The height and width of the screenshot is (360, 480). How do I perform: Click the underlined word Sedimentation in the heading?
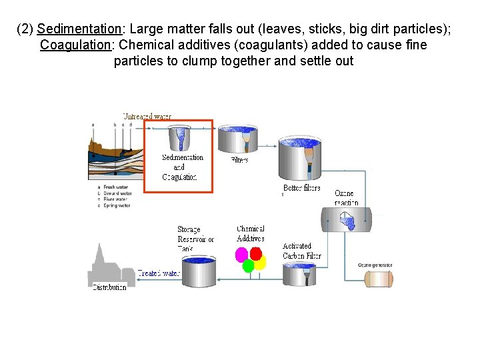pyautogui.click(x=79, y=29)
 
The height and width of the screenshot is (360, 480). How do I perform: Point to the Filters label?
pyautogui.click(x=239, y=160)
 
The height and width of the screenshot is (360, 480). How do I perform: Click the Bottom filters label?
pyautogui.click(x=301, y=188)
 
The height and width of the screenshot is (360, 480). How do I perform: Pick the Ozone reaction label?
pyautogui.click(x=346, y=198)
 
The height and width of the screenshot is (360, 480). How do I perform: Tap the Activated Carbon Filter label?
pyautogui.click(x=301, y=251)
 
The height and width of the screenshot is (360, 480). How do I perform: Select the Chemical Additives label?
pyautogui.click(x=251, y=234)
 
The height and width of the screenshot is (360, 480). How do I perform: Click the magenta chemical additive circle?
pyautogui.click(x=242, y=255)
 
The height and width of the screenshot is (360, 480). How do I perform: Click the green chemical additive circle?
pyautogui.click(x=249, y=266)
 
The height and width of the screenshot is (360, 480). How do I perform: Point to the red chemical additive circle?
pyautogui.click(x=255, y=254)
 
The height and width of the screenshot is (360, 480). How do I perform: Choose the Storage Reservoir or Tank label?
pyautogui.click(x=195, y=239)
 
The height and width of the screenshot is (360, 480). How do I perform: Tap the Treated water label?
pyautogui.click(x=159, y=273)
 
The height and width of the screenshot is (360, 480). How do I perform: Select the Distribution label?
pyautogui.click(x=109, y=287)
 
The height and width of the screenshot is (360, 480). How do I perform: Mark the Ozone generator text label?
pyautogui.click(x=375, y=265)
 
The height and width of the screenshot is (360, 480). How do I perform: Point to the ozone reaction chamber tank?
pyautogui.click(x=346, y=220)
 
